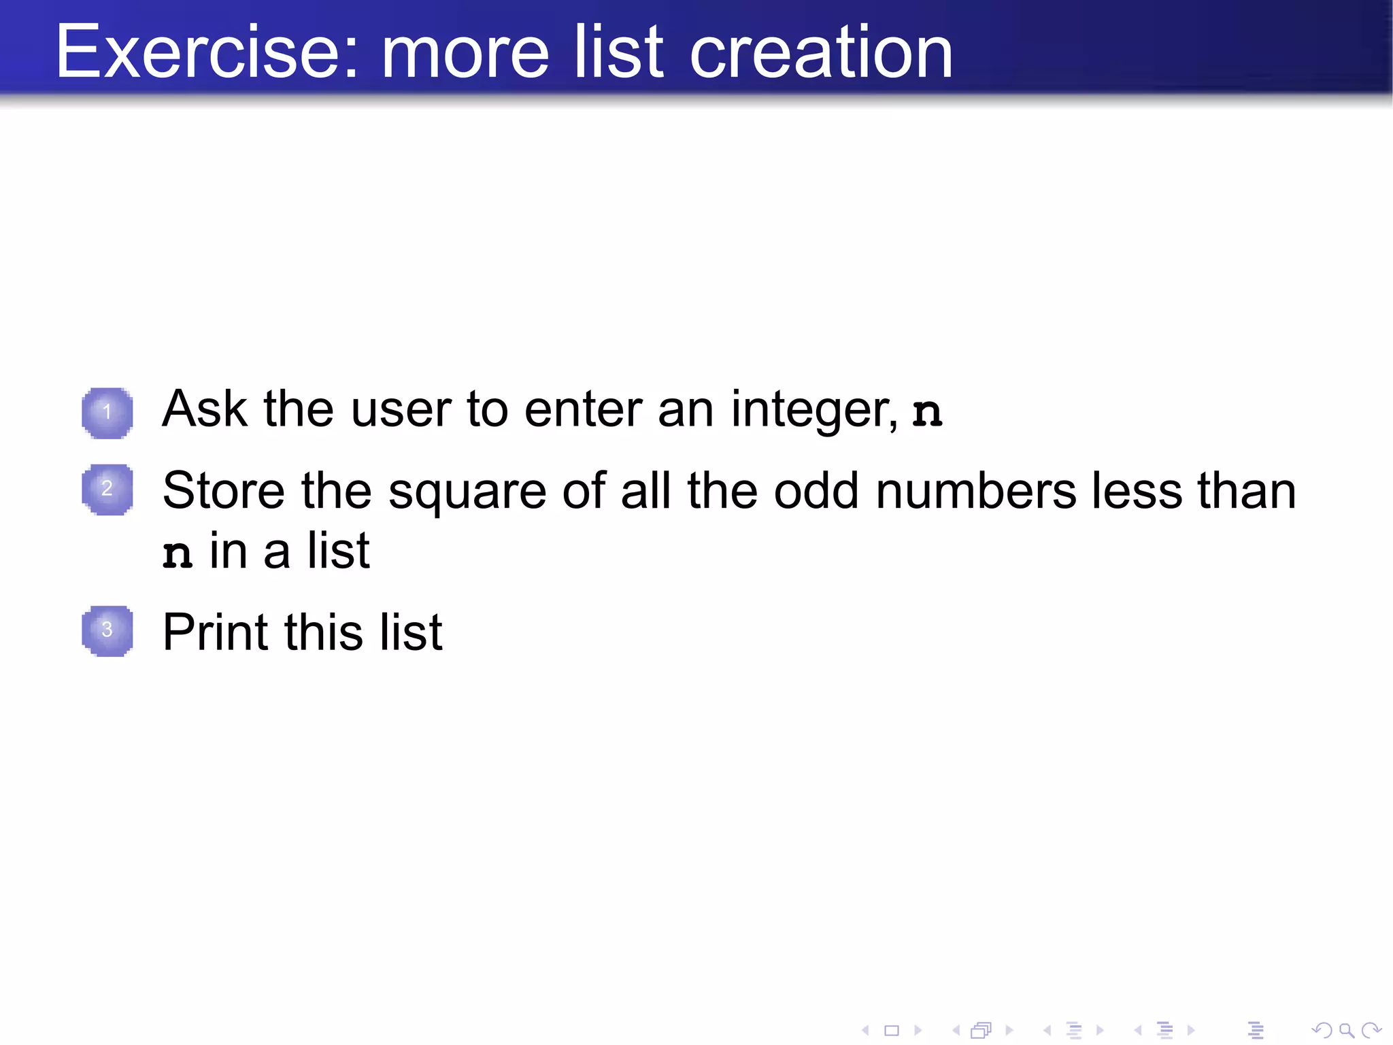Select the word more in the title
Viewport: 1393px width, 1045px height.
pos(465,52)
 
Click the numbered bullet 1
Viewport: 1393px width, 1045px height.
pos(107,412)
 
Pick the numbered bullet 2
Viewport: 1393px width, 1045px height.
pos(107,489)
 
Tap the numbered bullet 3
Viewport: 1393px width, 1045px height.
pos(107,630)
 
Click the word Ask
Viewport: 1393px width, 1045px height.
pos(204,409)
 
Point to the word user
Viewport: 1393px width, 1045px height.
pos(401,409)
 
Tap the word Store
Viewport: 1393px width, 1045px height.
pos(224,491)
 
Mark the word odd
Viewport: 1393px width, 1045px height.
pos(816,491)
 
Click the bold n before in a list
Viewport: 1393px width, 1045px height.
pos(178,554)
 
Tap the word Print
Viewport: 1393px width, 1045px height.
pos(216,632)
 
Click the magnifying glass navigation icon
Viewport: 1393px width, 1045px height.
pos(1346,1031)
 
